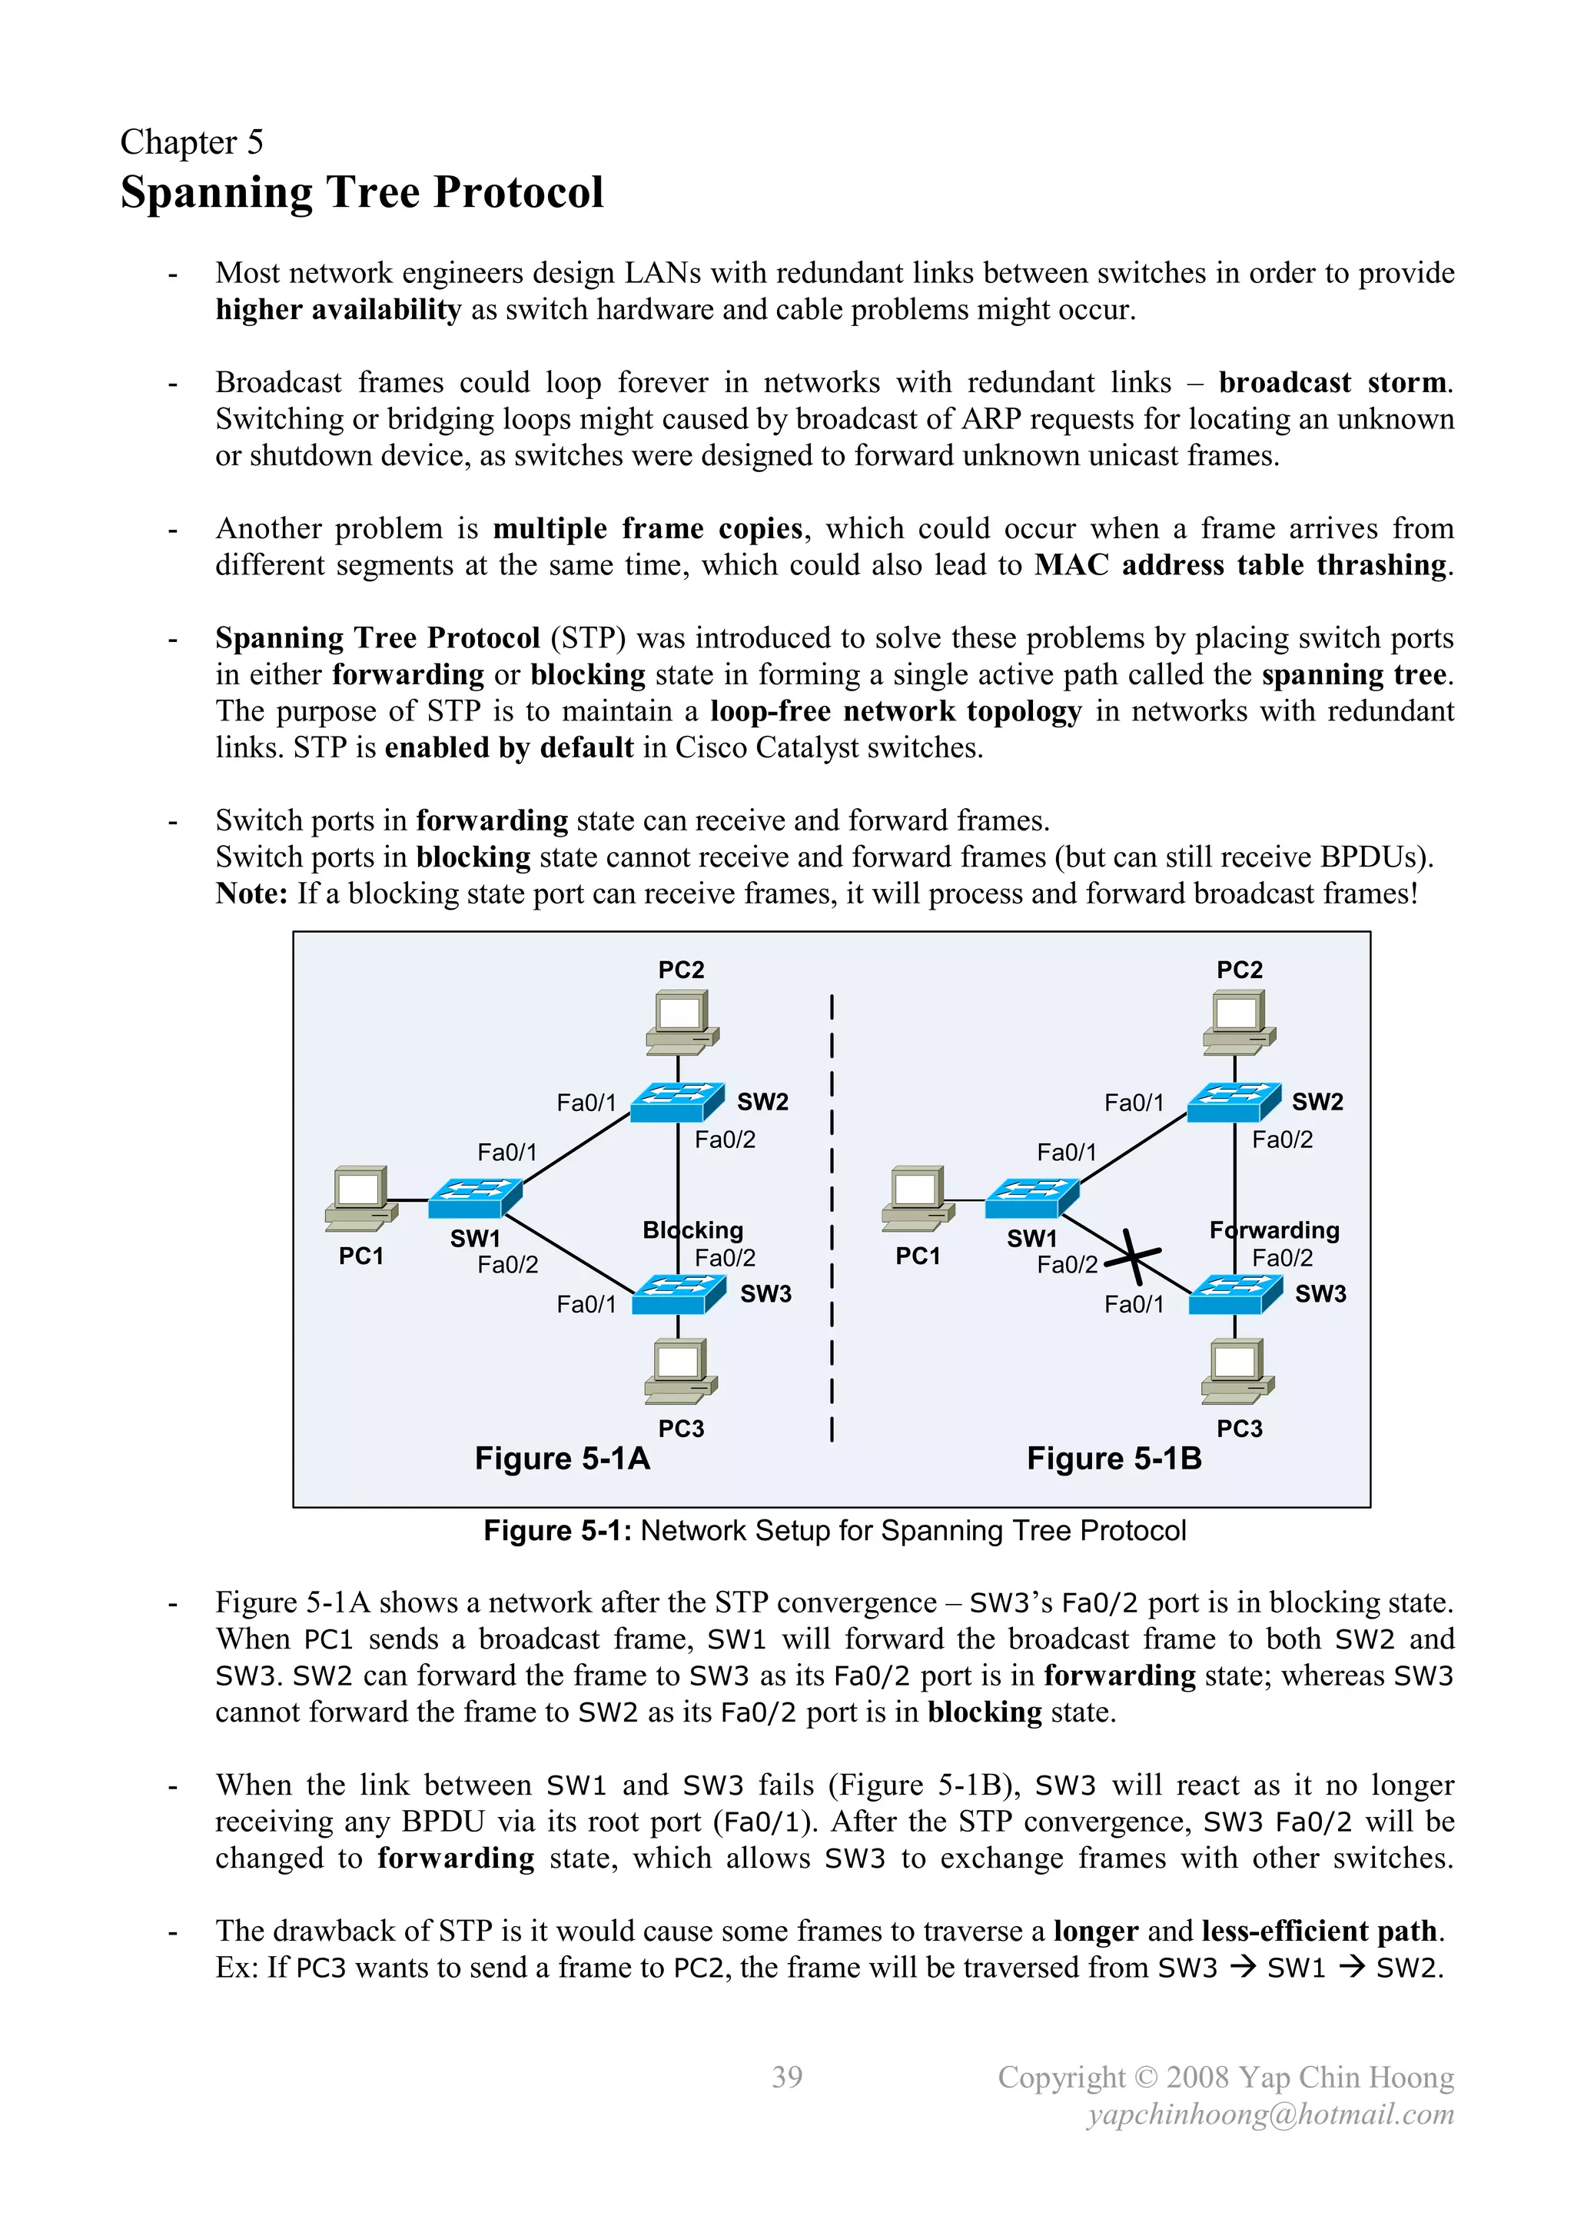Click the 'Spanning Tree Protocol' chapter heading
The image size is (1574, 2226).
click(x=361, y=192)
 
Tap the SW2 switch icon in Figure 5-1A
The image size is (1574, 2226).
click(x=676, y=1103)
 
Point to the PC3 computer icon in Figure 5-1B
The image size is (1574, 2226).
click(x=1237, y=1371)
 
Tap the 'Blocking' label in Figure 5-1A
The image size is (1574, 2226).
click(x=692, y=1230)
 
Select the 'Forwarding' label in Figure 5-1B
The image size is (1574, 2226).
click(x=1273, y=1230)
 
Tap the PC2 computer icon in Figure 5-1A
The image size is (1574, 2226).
click(x=682, y=1021)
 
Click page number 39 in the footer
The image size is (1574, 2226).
click(x=787, y=2077)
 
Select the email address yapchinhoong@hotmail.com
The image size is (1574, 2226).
click(x=1270, y=2114)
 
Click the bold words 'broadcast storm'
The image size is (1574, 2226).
click(x=1333, y=383)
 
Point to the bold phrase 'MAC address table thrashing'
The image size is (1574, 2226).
click(x=1240, y=565)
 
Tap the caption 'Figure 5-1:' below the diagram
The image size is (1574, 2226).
click(x=557, y=1531)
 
